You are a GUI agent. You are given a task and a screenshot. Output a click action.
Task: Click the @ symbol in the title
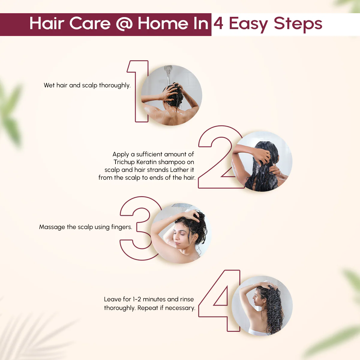pyautogui.click(x=124, y=24)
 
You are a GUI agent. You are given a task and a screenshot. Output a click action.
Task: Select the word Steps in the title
pyautogui.click(x=298, y=24)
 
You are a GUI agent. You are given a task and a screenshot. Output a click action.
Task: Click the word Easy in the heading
pyautogui.click(x=248, y=24)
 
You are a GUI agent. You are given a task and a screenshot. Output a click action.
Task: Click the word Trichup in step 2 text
pyautogui.click(x=124, y=162)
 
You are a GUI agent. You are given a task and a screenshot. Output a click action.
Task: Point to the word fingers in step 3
pyautogui.click(x=121, y=227)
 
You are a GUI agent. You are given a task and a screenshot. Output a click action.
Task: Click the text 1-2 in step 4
pyautogui.click(x=137, y=299)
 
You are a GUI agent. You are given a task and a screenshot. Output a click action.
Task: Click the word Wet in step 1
pyautogui.click(x=49, y=85)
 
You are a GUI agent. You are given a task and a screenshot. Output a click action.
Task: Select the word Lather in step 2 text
pyautogui.click(x=179, y=170)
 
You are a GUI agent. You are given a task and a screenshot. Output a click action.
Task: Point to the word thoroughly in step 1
pyautogui.click(x=115, y=85)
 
